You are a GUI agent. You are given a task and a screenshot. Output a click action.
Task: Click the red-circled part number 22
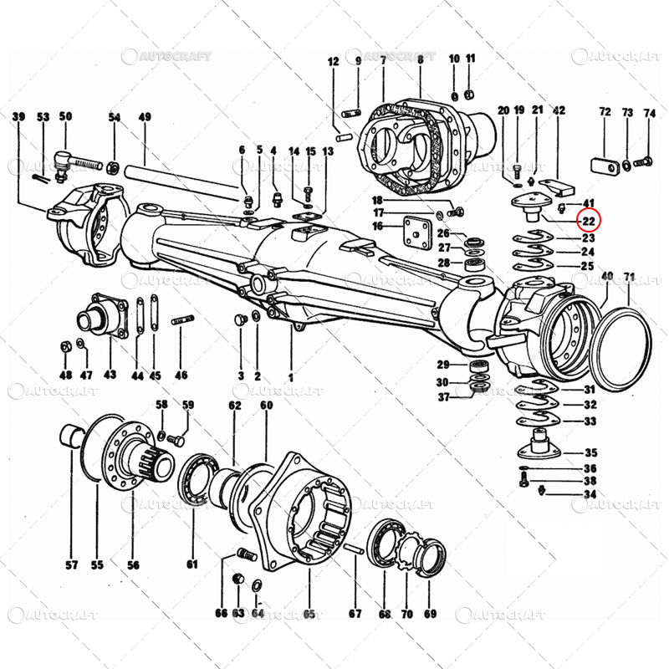tap(589, 222)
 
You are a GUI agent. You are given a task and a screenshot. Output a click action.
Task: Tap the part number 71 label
tap(630, 276)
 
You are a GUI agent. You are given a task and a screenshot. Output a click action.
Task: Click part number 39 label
tap(18, 116)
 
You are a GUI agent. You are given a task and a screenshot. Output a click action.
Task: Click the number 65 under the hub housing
tap(309, 615)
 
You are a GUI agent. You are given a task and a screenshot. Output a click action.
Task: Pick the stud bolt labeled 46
tap(182, 320)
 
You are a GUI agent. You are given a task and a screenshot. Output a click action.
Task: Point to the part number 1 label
tap(290, 376)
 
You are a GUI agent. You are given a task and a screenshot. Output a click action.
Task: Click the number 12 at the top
tap(333, 61)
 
